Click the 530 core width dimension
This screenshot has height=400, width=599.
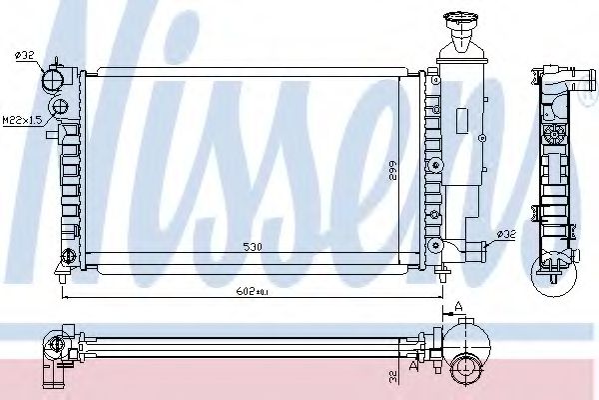pyautogui.click(x=253, y=247)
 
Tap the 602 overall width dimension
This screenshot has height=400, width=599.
pyautogui.click(x=252, y=292)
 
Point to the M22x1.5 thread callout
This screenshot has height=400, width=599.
pyautogui.click(x=22, y=121)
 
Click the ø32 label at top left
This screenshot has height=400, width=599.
pyautogui.click(x=25, y=55)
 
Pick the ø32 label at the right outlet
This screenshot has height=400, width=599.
pyautogui.click(x=507, y=233)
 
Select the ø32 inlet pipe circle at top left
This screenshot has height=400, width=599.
pyautogui.click(x=51, y=79)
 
